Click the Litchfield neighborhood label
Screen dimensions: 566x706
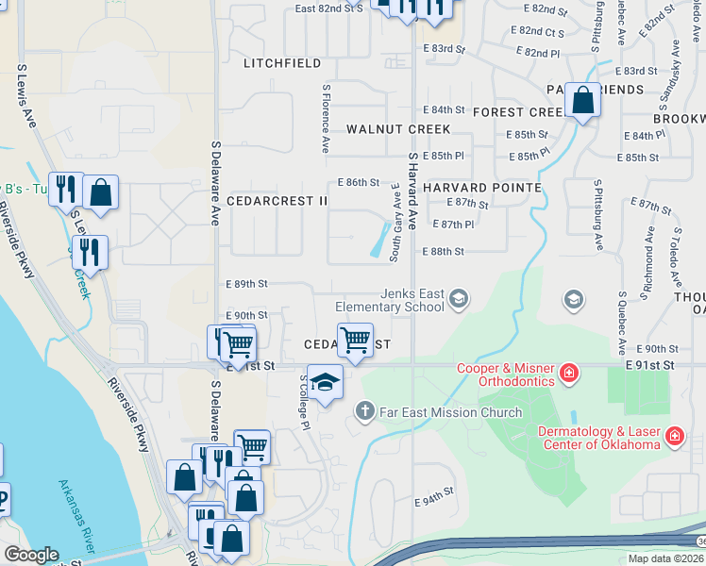pos(283,63)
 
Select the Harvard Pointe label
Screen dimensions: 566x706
pos(481,188)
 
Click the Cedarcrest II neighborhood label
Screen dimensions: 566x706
pos(277,201)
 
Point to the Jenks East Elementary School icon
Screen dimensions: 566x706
pos(459,299)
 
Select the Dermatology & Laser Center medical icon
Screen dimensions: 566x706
pos(674,436)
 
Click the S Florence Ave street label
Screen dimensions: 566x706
pos(326,119)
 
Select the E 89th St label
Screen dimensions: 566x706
pos(247,283)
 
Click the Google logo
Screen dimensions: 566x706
pos(31,555)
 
